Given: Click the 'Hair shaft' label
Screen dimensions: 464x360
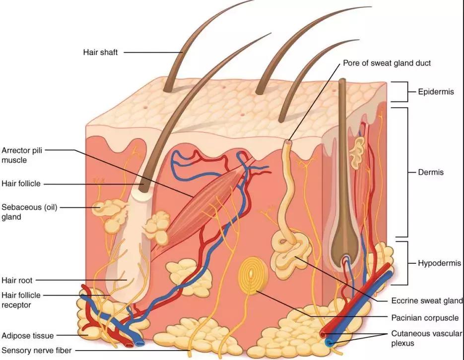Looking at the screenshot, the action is point(100,53).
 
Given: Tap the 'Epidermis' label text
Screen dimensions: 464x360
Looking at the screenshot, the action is point(436,92).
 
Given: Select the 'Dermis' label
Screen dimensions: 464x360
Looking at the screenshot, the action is point(431,172).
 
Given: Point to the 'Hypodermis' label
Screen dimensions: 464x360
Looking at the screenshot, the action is point(440,263).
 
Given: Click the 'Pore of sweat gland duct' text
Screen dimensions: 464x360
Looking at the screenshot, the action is point(387,63).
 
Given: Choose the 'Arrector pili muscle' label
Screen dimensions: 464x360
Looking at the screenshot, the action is point(22,155).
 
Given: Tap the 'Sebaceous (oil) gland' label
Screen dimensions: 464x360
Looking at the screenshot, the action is point(29,212).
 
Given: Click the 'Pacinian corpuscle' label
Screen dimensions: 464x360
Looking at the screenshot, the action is point(425,318).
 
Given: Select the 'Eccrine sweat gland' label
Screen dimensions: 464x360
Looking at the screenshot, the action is point(427,300).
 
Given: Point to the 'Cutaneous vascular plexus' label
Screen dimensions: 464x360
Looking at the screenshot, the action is point(426,338).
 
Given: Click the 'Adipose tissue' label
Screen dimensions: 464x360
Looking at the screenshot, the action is point(27,336).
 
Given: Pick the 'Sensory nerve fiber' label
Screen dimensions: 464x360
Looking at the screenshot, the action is point(36,351).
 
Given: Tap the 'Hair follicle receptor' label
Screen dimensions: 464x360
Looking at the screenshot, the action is point(21,300).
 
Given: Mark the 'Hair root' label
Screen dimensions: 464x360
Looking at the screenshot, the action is point(17,280).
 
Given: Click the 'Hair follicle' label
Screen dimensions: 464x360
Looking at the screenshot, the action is point(21,183).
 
